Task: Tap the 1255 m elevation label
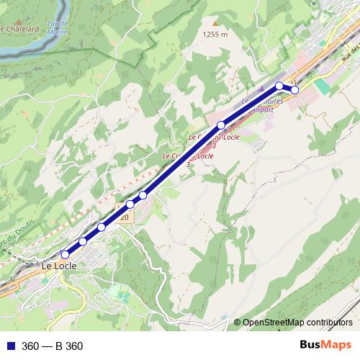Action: [215, 34]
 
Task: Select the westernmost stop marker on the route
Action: [66, 254]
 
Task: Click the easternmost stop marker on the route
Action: [294, 89]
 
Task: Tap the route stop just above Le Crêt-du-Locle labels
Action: [221, 125]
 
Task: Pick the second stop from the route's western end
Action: [84, 241]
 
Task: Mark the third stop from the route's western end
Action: [102, 228]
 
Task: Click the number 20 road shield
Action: [124, 217]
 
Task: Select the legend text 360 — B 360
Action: [53, 346]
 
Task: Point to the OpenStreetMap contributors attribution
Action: [297, 322]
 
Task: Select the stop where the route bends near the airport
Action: [279, 86]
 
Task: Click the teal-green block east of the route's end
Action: [322, 86]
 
